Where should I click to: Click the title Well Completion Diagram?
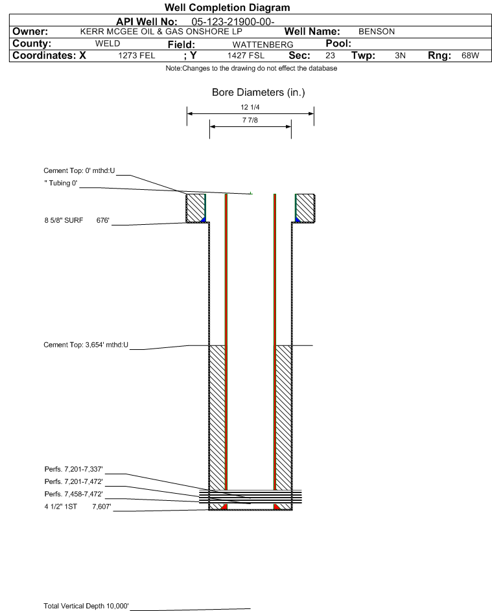pyautogui.click(x=228, y=7)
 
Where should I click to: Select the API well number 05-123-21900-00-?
pyautogui.click(x=233, y=22)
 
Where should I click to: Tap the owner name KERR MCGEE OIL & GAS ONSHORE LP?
pyautogui.click(x=161, y=32)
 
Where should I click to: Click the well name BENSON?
pyautogui.click(x=377, y=32)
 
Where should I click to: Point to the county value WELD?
pyautogui.click(x=108, y=43)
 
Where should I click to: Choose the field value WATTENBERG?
pyautogui.click(x=263, y=45)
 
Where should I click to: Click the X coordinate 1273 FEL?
pyautogui.click(x=136, y=56)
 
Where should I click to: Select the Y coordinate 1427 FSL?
pyautogui.click(x=246, y=56)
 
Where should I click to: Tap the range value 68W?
pyautogui.click(x=470, y=56)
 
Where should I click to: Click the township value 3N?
pyautogui.click(x=400, y=56)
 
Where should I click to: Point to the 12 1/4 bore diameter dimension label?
pyautogui.click(x=250, y=107)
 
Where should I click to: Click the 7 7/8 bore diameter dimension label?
pyautogui.click(x=250, y=120)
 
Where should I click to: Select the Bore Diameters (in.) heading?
pyautogui.click(x=259, y=93)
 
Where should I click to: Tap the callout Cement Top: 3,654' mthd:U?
pyautogui.click(x=86, y=345)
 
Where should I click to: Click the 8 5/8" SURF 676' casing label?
pyautogui.click(x=76, y=220)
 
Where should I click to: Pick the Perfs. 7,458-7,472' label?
pyautogui.click(x=74, y=494)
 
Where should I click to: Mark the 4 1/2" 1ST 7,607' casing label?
pyautogui.click(x=78, y=507)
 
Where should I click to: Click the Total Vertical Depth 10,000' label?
pyautogui.click(x=86, y=606)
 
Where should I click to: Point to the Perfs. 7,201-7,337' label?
pyautogui.click(x=74, y=469)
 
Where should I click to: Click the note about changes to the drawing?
pyautogui.click(x=252, y=68)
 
